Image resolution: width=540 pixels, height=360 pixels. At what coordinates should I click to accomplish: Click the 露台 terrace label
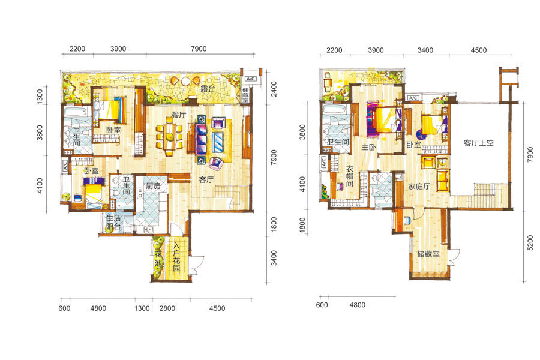pos(208,89)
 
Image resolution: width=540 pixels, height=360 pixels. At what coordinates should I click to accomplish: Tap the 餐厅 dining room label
pos(179,115)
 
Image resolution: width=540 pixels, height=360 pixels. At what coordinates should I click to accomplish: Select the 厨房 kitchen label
pos(153,186)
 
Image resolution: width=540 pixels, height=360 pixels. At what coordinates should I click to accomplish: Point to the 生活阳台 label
pos(113,222)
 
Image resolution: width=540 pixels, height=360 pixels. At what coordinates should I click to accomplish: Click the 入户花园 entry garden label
pos(176,257)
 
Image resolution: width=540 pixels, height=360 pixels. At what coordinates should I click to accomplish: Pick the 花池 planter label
pos(158,259)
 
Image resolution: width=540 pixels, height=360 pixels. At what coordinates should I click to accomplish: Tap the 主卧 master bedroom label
pos(368,147)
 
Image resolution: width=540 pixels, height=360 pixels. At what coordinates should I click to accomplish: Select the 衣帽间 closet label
pos(350,176)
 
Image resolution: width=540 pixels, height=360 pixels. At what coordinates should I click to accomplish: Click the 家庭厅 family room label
pos(419,187)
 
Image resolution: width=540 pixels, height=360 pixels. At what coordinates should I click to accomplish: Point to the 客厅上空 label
pos(479,143)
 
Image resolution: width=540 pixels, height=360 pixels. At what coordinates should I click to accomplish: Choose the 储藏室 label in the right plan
pos(428,254)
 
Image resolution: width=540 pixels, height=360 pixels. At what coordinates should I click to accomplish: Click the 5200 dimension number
pos(530,243)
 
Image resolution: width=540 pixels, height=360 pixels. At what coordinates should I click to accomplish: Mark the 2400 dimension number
pos(274,89)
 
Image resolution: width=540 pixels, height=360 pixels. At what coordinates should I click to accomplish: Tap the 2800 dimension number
pos(167,308)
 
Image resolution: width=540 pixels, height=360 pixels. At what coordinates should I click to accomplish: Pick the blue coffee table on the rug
pos(218,142)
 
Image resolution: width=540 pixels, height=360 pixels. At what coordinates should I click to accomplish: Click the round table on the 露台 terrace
pos(185,82)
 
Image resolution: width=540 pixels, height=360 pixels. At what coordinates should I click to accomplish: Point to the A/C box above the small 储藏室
pos(250,79)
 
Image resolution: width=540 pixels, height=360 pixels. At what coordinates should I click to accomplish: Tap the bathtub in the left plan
pos(76,112)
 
